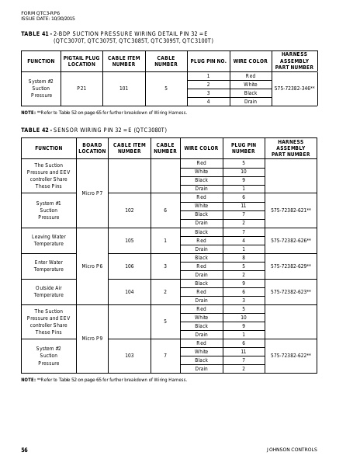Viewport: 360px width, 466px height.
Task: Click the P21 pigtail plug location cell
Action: (x=81, y=89)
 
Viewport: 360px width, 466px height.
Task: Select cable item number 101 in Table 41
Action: (x=123, y=89)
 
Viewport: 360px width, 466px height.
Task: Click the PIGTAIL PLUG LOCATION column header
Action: (x=81, y=61)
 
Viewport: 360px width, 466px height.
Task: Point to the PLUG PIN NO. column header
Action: (x=208, y=61)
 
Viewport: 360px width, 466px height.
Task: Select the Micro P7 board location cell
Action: (x=92, y=193)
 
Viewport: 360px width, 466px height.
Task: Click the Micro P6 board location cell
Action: (x=92, y=266)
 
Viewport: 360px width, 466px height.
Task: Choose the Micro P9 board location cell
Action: (x=92, y=338)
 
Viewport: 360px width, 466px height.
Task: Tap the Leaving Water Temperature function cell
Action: (x=48, y=240)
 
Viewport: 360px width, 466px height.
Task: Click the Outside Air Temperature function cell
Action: (x=48, y=291)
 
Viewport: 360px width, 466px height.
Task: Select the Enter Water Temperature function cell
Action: (x=48, y=266)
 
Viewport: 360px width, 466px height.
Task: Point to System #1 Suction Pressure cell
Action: (x=48, y=210)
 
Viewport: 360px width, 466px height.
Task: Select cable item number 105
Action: (x=129, y=240)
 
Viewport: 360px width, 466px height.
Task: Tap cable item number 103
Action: (x=129, y=355)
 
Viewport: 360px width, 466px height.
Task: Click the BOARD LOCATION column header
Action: (x=92, y=148)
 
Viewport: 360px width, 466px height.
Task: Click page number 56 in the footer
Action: (x=24, y=450)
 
